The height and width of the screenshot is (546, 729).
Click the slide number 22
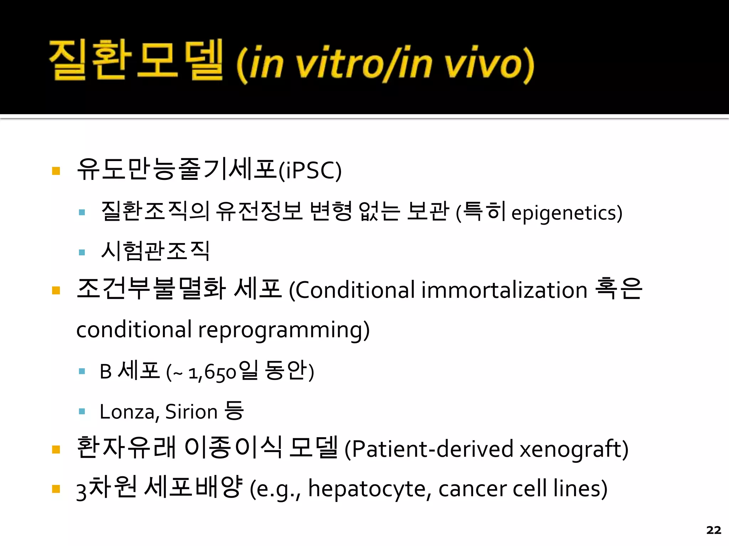tap(713, 530)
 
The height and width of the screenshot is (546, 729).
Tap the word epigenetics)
tap(567, 213)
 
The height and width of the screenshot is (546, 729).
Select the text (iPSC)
tap(310, 171)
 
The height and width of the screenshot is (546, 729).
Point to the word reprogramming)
tap(284, 330)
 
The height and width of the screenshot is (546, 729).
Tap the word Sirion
tap(191, 412)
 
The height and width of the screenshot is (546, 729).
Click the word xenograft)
tap(574, 449)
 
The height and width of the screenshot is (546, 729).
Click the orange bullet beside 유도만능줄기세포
tap(56, 171)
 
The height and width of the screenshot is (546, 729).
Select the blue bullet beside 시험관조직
tap(82, 252)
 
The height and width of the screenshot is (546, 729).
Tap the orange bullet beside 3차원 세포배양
tap(56, 489)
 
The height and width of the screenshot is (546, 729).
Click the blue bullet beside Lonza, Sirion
tap(82, 412)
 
